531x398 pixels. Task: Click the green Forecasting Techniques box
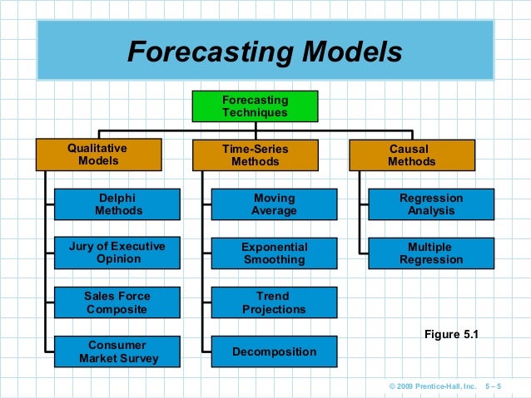coord(255,106)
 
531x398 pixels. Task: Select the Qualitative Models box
coord(97,155)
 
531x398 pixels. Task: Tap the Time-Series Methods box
coord(255,155)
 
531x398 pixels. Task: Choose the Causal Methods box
coord(411,155)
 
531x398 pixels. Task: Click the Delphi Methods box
coord(117,204)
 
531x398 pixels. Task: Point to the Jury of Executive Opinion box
coord(117,253)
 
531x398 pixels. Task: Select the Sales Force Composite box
coord(117,302)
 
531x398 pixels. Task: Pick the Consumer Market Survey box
coord(117,351)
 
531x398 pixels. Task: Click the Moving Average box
coord(274,204)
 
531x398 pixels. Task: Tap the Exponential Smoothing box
coord(274,253)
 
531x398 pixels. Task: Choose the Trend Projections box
coord(274,302)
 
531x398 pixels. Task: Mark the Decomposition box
coord(274,351)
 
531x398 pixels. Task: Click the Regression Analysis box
coord(431,204)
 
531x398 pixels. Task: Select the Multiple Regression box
coord(431,253)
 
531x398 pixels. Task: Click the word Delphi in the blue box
coord(117,198)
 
